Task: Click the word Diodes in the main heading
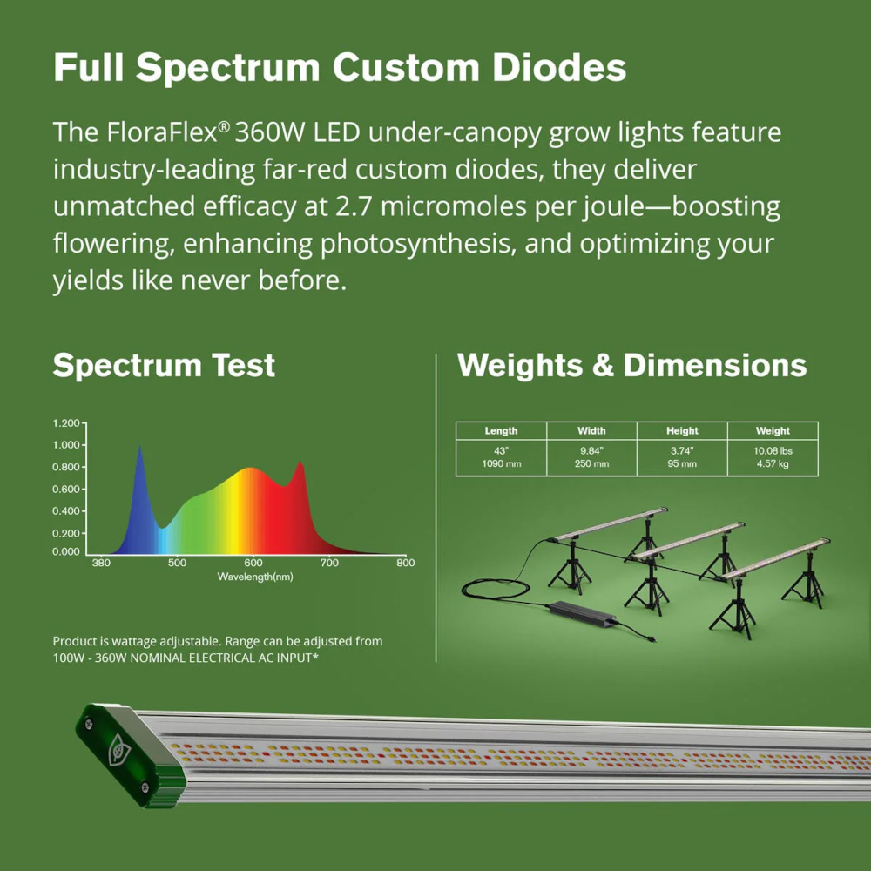[559, 68]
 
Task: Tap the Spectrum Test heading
[164, 366]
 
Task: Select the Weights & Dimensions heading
[631, 366]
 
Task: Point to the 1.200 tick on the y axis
[67, 423]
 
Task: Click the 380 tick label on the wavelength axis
[100, 563]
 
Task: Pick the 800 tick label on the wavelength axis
[406, 563]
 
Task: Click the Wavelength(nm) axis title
[255, 577]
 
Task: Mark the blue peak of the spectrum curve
[139, 446]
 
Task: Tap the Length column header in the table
[501, 430]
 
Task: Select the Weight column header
[773, 430]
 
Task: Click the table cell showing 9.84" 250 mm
[591, 458]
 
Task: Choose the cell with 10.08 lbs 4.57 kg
[773, 458]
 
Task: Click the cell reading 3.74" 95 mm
[682, 458]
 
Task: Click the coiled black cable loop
[496, 590]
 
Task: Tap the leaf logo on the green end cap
[118, 749]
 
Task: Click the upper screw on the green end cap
[88, 723]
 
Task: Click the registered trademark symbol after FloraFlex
[224, 126]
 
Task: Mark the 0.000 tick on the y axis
[66, 551]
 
